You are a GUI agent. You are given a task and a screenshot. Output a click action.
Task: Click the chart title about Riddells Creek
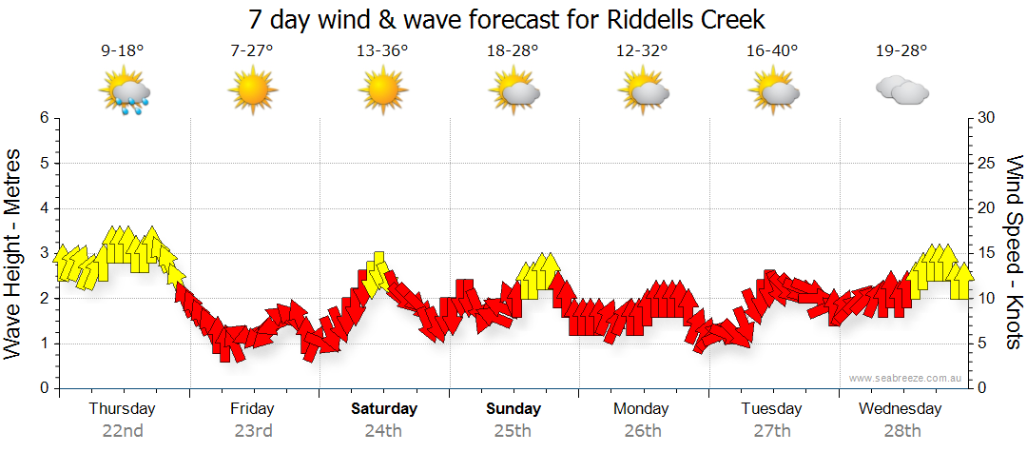point(507,20)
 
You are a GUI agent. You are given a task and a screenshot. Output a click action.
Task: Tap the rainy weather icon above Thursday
point(125,92)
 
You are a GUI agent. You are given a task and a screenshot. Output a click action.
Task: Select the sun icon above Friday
point(253,91)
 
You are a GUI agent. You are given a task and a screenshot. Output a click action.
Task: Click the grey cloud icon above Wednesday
point(901,91)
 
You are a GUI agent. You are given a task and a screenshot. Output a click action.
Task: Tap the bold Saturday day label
point(384,409)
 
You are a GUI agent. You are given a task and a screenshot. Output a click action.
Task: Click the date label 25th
point(513,431)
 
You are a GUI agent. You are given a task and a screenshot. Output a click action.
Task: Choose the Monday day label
point(641,409)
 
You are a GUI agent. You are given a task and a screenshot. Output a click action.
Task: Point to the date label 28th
point(901,431)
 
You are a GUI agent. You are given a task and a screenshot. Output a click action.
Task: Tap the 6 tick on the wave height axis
point(43,118)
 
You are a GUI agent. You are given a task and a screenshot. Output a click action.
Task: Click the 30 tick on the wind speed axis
point(986,118)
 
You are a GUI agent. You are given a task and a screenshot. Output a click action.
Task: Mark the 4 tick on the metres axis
point(43,208)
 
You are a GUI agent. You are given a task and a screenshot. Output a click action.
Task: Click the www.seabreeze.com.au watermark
point(906,379)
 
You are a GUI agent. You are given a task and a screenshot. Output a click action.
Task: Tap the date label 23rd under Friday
point(253,431)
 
